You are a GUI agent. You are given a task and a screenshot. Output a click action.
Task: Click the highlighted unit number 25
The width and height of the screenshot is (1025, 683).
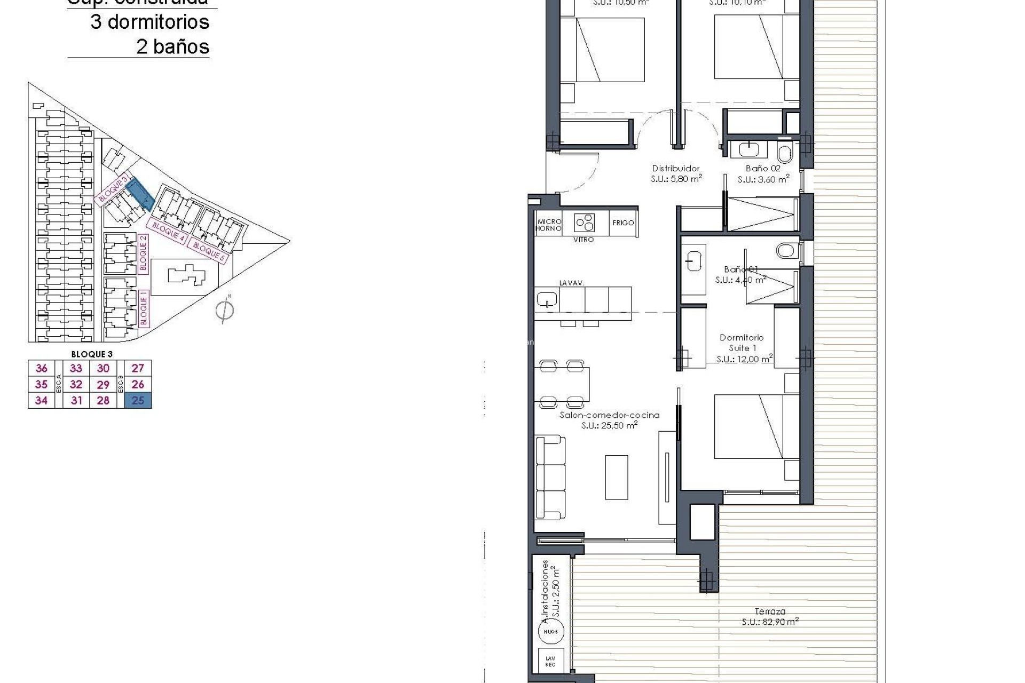click(138, 400)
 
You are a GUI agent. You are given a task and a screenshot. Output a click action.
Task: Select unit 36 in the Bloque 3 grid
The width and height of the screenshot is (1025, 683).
click(41, 368)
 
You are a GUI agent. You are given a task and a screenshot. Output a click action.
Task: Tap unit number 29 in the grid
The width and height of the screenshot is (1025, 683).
click(103, 384)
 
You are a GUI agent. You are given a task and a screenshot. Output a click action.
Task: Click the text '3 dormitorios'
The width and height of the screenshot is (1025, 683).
click(149, 22)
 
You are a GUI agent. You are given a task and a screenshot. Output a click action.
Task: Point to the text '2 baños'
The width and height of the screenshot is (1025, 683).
click(172, 47)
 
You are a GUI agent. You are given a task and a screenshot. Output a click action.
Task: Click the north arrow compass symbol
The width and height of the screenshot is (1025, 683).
click(225, 310)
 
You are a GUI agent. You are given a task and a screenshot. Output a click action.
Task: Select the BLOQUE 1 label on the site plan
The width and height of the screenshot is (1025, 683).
click(143, 308)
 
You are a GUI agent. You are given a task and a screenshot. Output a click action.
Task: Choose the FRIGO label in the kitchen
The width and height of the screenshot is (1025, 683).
click(623, 223)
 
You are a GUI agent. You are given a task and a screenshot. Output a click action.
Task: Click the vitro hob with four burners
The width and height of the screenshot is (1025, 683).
click(584, 222)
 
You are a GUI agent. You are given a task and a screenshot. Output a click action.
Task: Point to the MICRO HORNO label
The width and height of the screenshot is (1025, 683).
click(549, 225)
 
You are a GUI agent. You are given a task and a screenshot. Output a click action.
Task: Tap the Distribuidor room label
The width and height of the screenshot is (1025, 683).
click(676, 169)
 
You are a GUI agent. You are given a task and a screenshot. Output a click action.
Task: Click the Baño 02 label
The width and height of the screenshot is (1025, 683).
click(763, 169)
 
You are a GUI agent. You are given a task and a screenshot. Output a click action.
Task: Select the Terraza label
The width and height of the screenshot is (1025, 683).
click(770, 611)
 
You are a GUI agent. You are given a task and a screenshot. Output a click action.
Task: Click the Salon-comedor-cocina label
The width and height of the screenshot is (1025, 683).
click(609, 415)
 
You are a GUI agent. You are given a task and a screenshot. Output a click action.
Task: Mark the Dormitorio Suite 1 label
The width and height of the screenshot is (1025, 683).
click(742, 343)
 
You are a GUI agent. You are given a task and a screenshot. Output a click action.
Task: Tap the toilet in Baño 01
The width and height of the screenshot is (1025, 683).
click(786, 250)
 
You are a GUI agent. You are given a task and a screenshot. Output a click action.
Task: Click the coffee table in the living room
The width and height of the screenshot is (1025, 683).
click(616, 477)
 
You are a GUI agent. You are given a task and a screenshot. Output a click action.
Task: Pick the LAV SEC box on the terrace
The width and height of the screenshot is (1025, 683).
click(550, 662)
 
